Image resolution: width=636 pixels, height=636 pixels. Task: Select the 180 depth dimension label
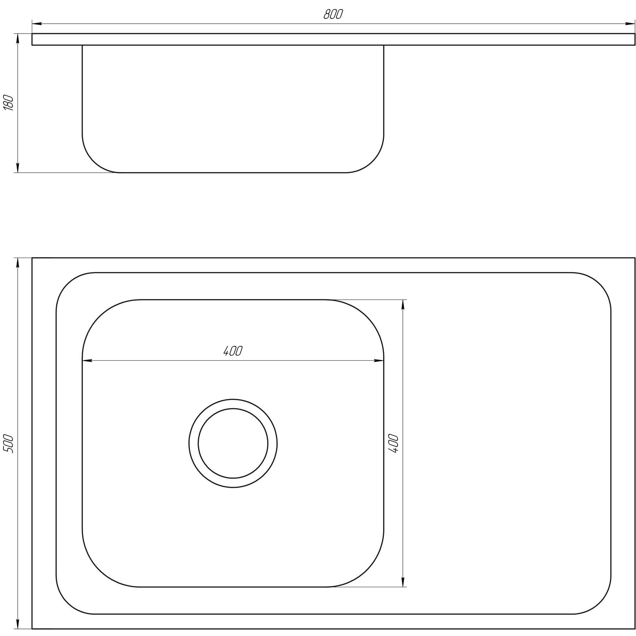pyautogui.click(x=8, y=103)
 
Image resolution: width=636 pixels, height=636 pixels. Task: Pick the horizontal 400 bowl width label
pyautogui.click(x=233, y=351)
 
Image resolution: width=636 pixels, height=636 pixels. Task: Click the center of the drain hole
pyautogui.click(x=233, y=444)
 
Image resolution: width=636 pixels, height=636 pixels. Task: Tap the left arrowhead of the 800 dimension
pyautogui.click(x=37, y=24)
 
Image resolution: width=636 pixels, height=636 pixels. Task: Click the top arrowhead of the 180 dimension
pyautogui.click(x=17, y=39)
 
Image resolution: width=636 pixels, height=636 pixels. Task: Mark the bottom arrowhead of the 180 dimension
pyautogui.click(x=17, y=167)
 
